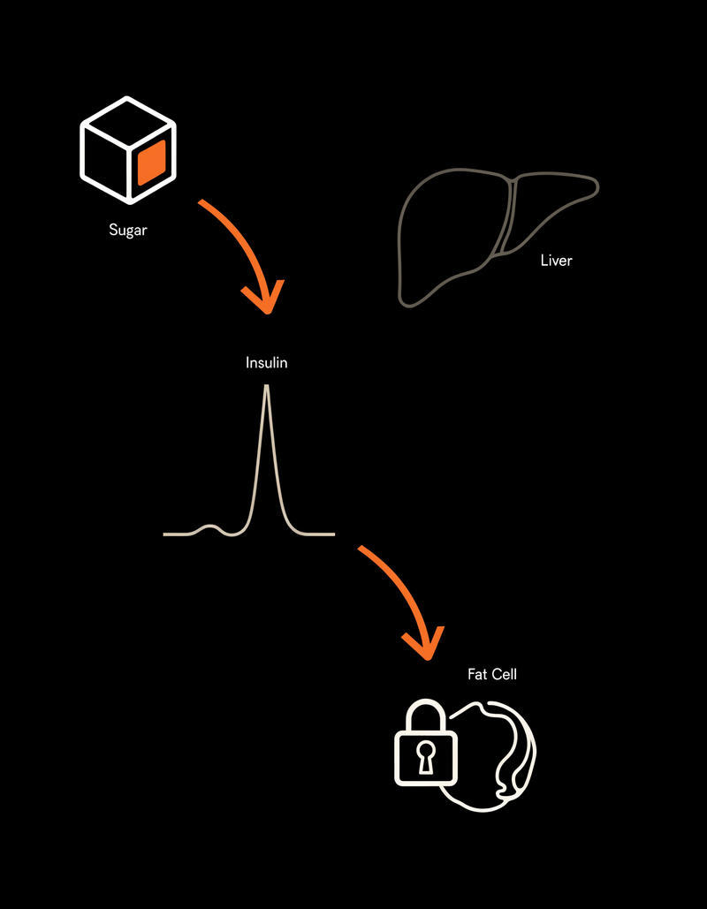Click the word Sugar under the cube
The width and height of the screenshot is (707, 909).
(128, 231)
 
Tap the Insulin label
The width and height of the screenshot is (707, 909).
(267, 363)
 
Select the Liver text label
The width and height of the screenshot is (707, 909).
(556, 261)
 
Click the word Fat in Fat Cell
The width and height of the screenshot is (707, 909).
(477, 674)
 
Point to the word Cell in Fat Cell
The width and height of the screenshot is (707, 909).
(504, 674)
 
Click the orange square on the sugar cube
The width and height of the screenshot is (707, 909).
(152, 162)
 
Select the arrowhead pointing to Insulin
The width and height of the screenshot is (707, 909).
(264, 297)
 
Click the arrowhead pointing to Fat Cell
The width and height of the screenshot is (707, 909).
(424, 643)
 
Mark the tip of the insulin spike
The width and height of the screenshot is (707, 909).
(267, 385)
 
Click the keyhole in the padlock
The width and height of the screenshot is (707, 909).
(426, 756)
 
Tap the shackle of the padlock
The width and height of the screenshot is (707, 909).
(426, 702)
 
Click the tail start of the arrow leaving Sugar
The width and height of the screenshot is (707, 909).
(200, 201)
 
